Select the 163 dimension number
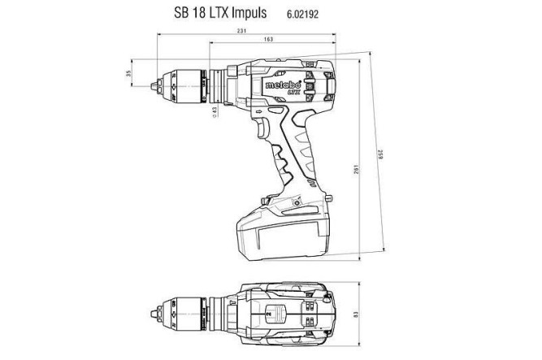pos(268,41)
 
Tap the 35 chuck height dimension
pos(128,75)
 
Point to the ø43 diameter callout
pos(215,111)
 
